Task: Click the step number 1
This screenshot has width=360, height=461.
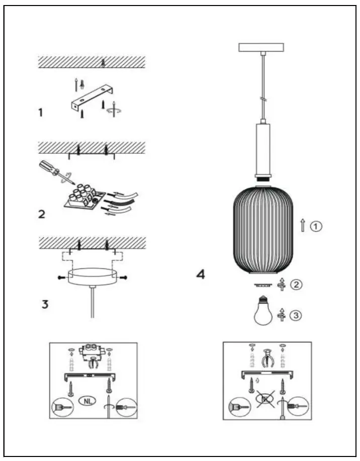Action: click(40, 113)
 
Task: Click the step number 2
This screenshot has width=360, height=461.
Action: click(42, 214)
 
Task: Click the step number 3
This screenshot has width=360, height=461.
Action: click(45, 305)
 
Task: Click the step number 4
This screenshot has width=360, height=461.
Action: click(201, 275)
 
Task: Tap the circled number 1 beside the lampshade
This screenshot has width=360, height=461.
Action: click(315, 227)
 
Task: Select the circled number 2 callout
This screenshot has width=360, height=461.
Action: click(297, 285)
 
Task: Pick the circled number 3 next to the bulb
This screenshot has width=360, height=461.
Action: click(298, 315)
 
